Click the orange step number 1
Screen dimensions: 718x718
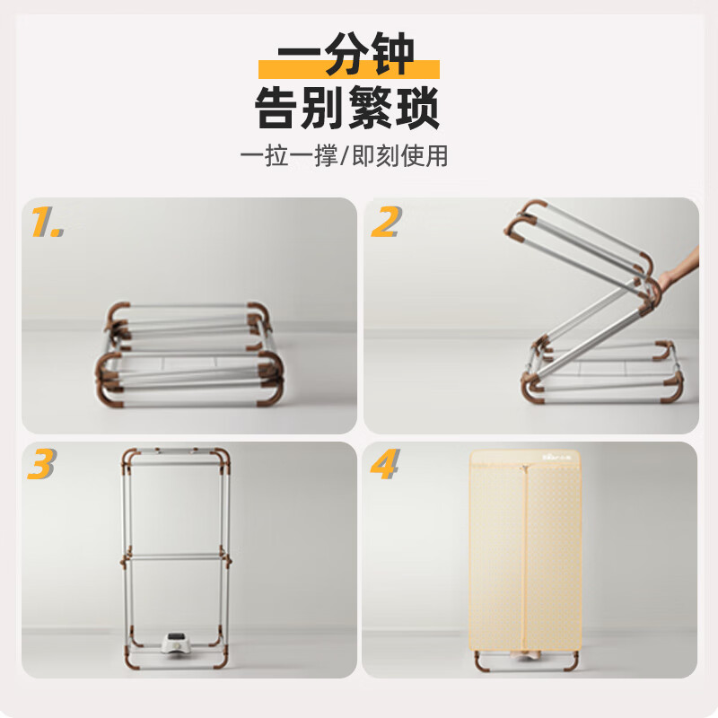(x=48, y=222)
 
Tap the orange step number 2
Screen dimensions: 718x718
(x=387, y=222)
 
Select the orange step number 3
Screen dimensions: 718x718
(x=41, y=463)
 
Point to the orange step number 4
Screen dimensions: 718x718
(x=385, y=463)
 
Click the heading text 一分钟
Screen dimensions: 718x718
(x=346, y=54)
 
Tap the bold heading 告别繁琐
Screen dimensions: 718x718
(x=347, y=109)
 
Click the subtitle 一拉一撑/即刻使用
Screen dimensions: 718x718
(x=344, y=155)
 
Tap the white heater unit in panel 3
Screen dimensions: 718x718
(x=177, y=642)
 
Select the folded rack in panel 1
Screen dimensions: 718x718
(x=189, y=355)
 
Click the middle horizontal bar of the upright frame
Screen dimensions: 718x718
(x=176, y=557)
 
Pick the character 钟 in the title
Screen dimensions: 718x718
(x=393, y=54)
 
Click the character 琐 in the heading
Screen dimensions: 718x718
(x=417, y=109)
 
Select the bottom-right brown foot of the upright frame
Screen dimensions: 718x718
(x=221, y=660)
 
